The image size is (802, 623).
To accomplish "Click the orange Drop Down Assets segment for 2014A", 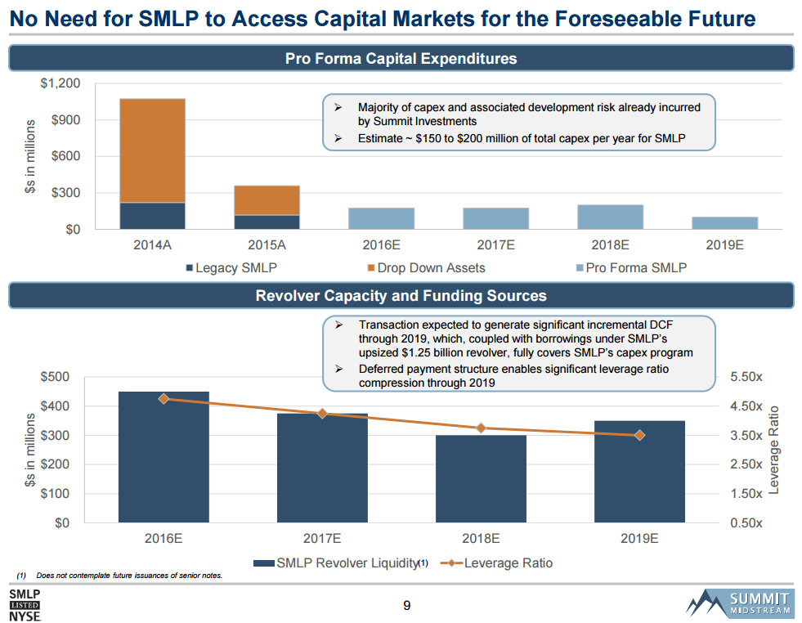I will [151, 150].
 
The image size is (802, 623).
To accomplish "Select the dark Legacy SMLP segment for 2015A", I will [267, 222].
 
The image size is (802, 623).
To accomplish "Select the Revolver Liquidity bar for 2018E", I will [481, 478].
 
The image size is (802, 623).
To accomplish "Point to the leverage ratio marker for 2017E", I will [322, 414].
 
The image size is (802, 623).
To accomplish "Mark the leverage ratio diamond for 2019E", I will [639, 435].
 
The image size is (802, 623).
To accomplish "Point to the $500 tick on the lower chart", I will [56, 377].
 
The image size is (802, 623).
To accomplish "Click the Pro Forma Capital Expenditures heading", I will [401, 59].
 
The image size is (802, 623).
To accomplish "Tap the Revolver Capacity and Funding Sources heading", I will [401, 295].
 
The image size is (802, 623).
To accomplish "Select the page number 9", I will [406, 606].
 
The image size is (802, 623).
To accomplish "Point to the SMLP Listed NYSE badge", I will [25, 604].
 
